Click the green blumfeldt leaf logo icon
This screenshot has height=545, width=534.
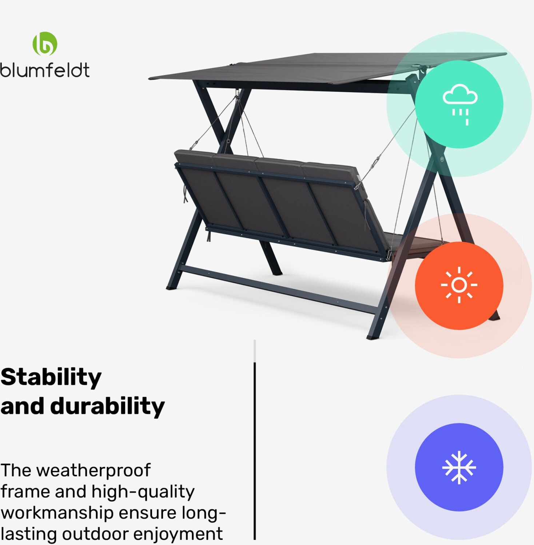click(x=45, y=44)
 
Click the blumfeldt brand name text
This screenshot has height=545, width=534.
click(x=45, y=70)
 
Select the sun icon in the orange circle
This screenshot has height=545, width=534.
click(x=459, y=285)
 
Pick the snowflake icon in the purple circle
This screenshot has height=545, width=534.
click(x=459, y=467)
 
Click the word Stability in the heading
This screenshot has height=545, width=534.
click(x=51, y=378)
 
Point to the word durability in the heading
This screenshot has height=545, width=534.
click(x=107, y=406)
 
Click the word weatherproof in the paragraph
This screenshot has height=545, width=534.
click(x=93, y=470)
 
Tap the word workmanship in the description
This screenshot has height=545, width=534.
click(x=57, y=513)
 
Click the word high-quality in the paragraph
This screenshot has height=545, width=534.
click(x=143, y=492)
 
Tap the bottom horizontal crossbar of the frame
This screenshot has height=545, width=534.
click(x=278, y=289)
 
